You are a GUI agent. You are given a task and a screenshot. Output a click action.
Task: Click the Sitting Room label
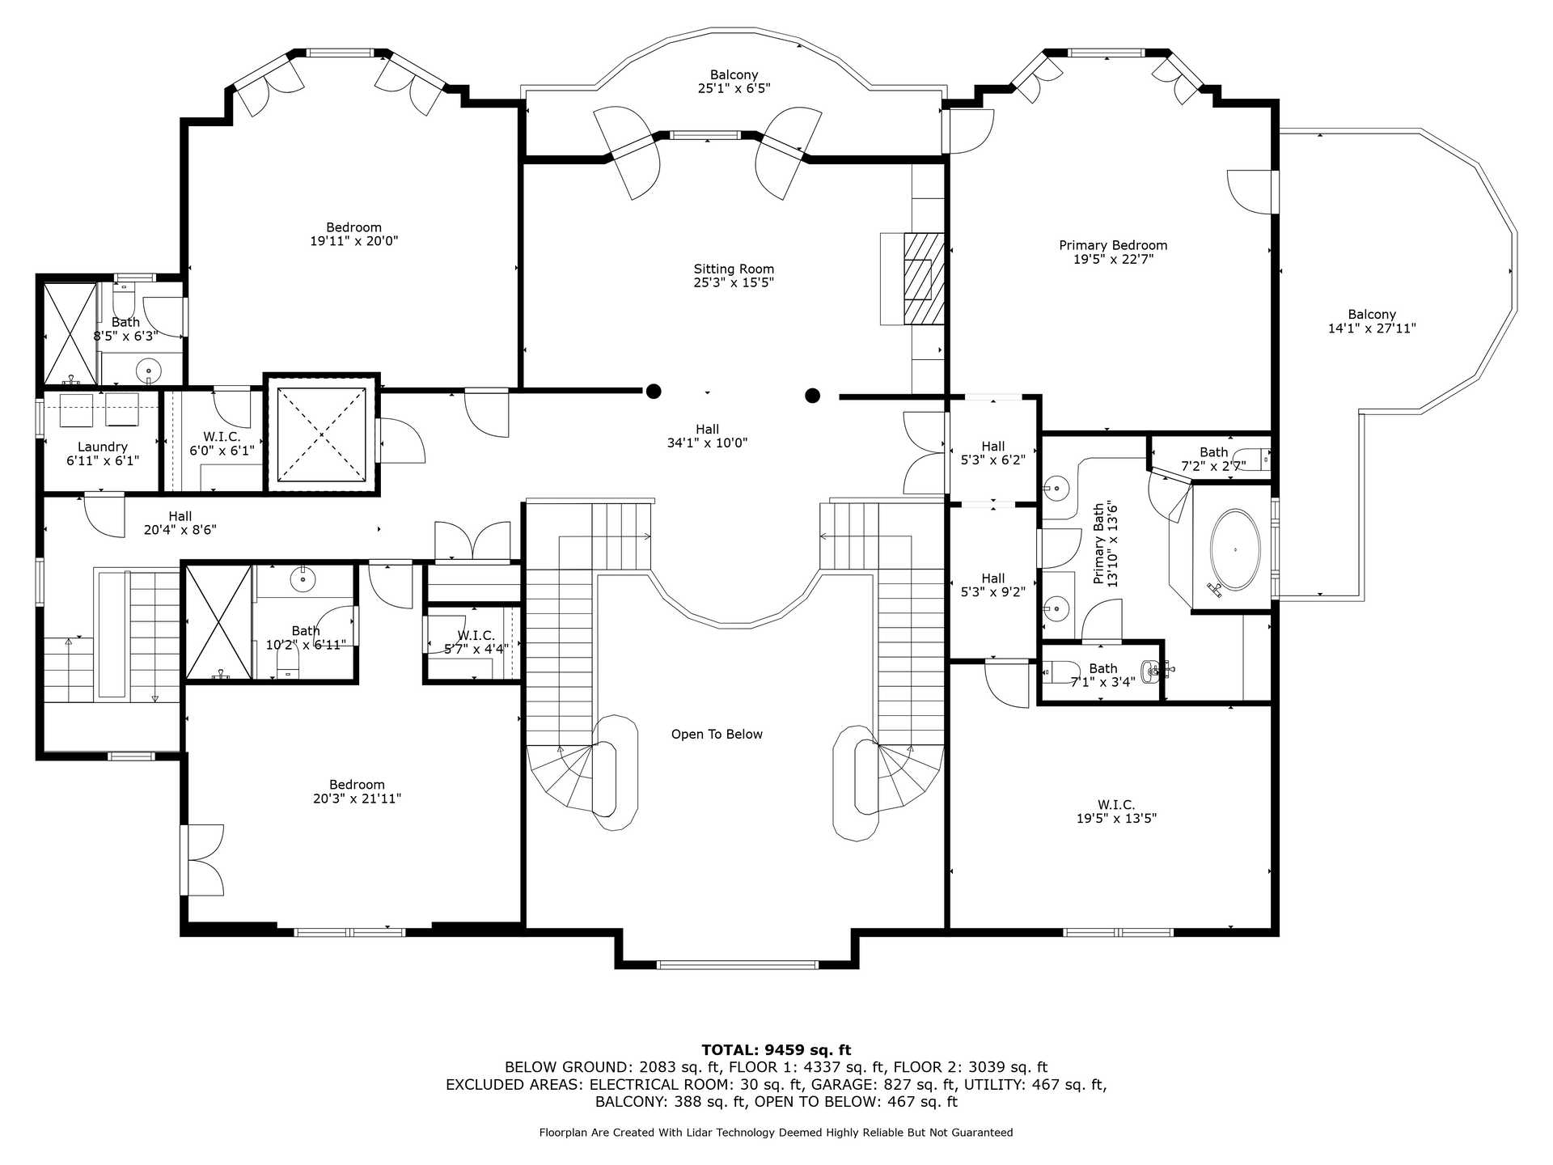point(734,276)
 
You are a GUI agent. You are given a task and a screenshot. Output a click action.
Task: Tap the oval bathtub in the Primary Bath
point(1235,550)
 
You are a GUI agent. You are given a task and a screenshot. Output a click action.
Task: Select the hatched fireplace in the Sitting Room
point(924,278)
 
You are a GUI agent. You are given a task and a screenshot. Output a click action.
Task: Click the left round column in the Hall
point(654,392)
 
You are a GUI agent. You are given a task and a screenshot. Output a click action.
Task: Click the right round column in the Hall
point(813,396)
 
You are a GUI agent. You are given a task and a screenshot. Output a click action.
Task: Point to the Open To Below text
point(717,735)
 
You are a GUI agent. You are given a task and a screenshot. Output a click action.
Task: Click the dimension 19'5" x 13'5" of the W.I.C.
point(1116,819)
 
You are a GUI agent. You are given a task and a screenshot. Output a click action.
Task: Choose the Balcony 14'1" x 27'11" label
point(1372,322)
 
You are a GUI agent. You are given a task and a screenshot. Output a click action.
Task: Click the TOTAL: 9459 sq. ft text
point(776,1050)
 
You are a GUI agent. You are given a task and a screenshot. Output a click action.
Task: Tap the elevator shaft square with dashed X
point(322,434)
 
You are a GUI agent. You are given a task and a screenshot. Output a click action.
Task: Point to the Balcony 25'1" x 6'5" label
point(734,82)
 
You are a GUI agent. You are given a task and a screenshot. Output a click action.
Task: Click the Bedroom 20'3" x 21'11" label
point(357,791)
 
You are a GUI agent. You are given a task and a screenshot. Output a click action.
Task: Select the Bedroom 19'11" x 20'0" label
point(354,234)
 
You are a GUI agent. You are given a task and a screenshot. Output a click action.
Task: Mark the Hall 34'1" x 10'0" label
point(707,436)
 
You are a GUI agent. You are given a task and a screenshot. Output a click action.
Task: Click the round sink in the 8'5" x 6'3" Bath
point(149,371)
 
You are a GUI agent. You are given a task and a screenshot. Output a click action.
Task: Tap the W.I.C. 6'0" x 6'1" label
point(222,443)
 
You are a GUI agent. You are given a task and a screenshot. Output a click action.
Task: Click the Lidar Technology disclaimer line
point(776,1133)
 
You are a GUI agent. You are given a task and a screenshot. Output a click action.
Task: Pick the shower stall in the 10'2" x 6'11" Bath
point(219,622)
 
